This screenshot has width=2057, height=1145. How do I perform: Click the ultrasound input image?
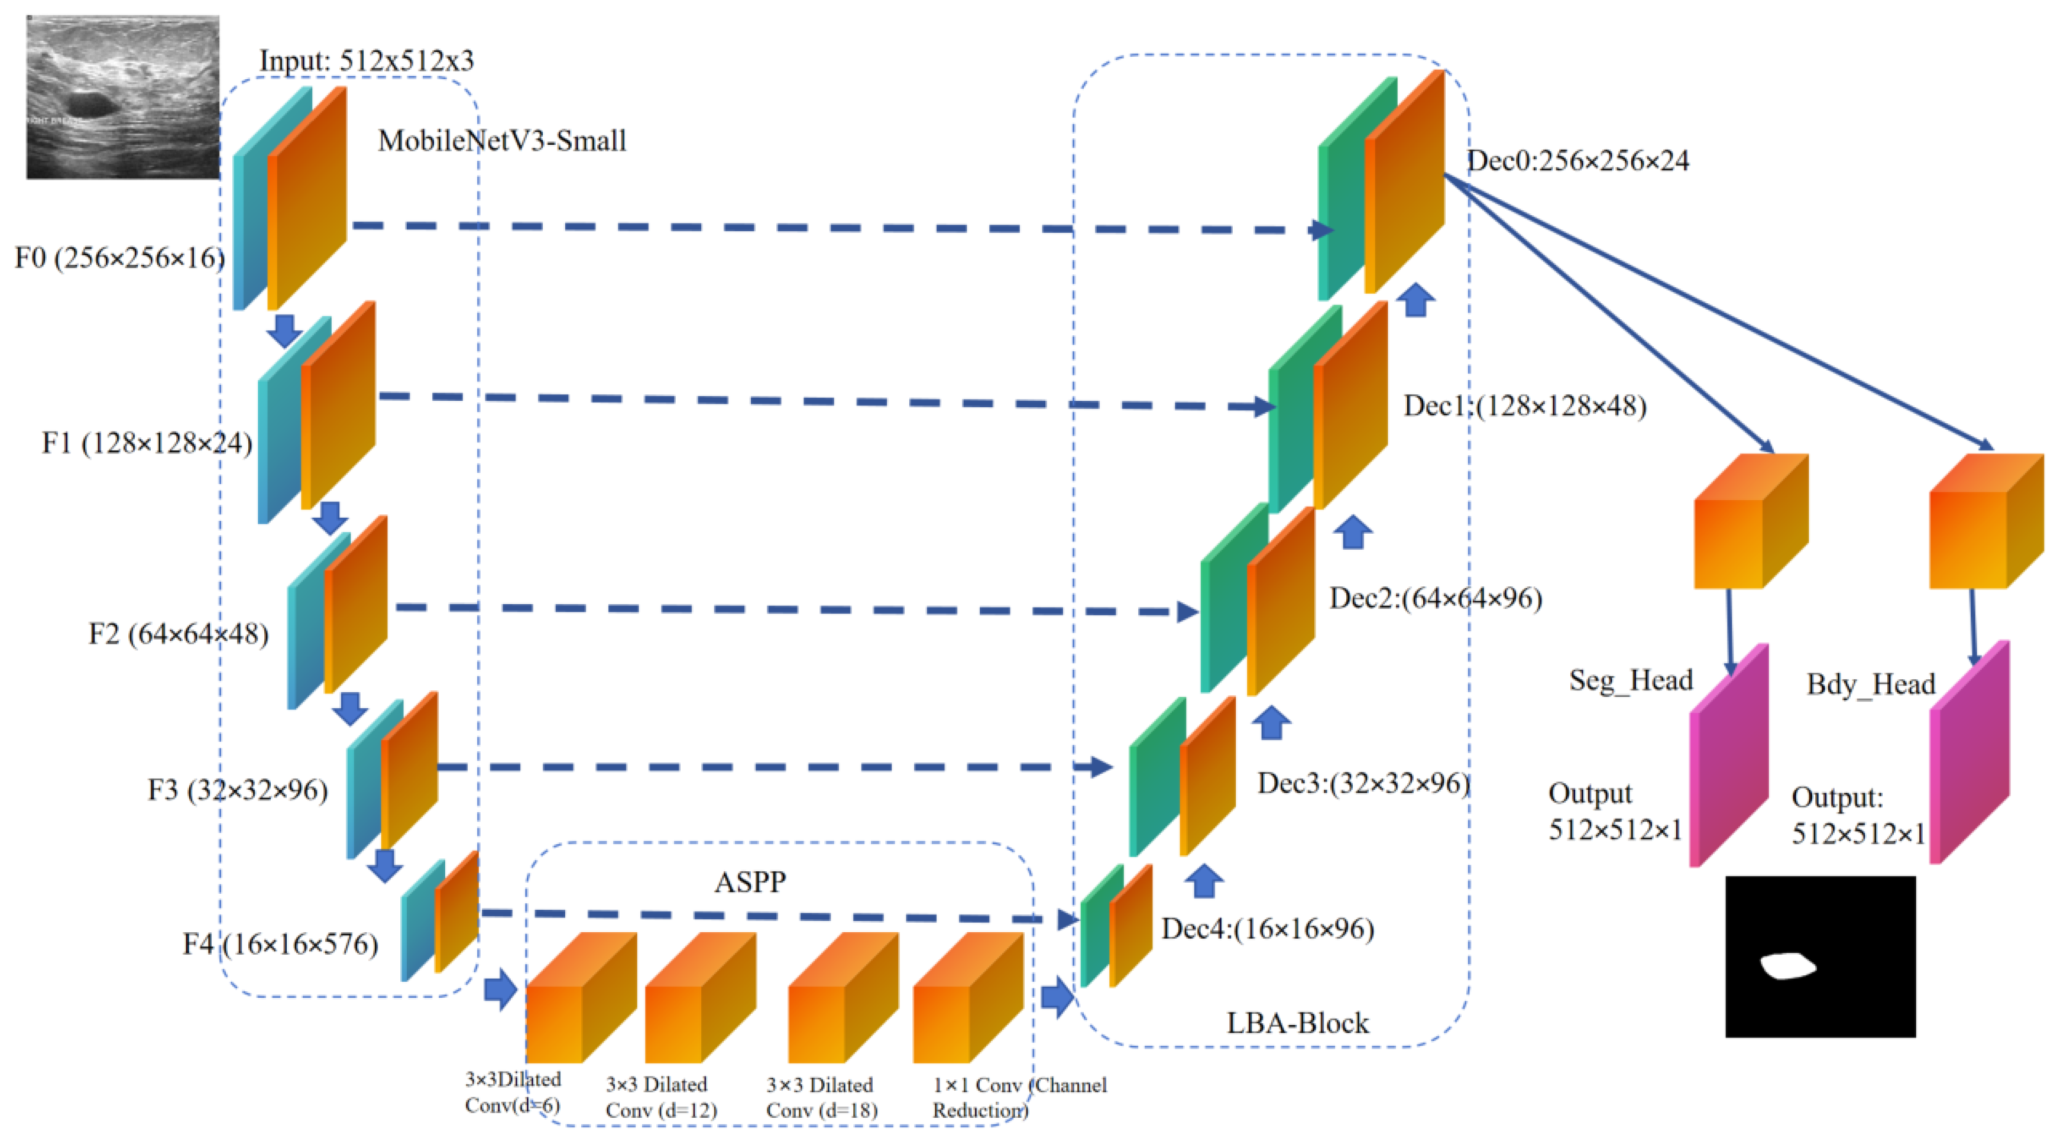coord(122,96)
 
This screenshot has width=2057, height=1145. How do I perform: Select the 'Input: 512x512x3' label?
coord(367,61)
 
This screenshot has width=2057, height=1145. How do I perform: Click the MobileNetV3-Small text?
coord(501,141)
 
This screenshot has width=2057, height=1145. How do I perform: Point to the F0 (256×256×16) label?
coord(119,258)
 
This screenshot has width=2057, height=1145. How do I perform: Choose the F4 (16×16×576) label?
coord(280,945)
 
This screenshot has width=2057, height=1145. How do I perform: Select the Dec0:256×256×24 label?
coord(1578,161)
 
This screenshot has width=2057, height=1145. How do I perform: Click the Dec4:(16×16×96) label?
coord(1267,929)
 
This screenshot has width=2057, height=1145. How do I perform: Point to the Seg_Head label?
coord(1631,680)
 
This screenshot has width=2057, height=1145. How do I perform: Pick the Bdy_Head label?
coord(1870,685)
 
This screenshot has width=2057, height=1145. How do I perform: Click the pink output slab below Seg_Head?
coord(1728,758)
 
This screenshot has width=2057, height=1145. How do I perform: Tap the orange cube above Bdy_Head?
coord(1985,523)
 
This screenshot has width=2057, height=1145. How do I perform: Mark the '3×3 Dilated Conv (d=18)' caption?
coord(821,1097)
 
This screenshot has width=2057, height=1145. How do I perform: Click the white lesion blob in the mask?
coord(1788,966)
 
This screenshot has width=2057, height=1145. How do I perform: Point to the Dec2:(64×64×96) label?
coord(1435,599)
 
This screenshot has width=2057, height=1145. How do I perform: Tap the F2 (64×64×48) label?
coord(178,635)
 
